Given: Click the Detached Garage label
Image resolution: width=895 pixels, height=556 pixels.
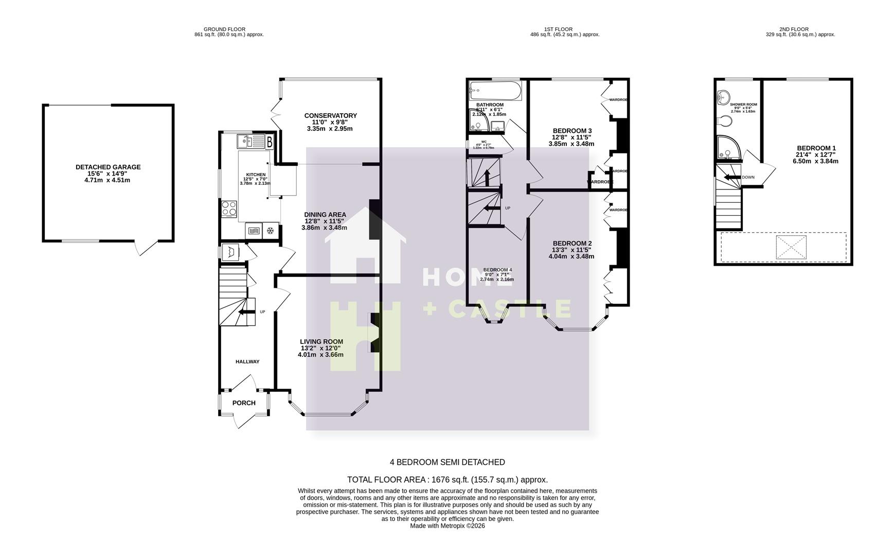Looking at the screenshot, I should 108,167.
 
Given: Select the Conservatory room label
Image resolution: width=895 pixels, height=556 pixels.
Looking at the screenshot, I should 330,115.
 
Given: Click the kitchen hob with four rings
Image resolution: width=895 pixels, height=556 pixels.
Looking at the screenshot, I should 229,208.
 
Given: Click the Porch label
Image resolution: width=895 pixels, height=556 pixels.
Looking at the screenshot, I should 244,403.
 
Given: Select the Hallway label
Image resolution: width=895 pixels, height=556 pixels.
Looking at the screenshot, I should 247,361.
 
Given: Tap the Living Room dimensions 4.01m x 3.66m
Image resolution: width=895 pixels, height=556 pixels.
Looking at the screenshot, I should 320,354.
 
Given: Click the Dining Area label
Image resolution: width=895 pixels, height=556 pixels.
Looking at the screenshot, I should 325,214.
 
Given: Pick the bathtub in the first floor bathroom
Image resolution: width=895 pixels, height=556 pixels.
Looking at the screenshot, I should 495,92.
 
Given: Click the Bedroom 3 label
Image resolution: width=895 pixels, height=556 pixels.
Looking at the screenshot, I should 572,130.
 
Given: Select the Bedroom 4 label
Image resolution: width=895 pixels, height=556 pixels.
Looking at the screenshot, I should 497,270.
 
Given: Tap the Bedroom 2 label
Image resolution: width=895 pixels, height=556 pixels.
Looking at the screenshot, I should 572,243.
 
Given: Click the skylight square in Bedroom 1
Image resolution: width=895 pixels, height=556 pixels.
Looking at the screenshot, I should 791,248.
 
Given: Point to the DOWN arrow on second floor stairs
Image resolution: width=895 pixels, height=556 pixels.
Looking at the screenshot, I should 730,177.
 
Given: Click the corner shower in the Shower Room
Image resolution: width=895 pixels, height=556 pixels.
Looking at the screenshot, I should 727,147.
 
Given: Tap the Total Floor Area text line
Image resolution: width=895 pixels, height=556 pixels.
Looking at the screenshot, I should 447,479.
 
